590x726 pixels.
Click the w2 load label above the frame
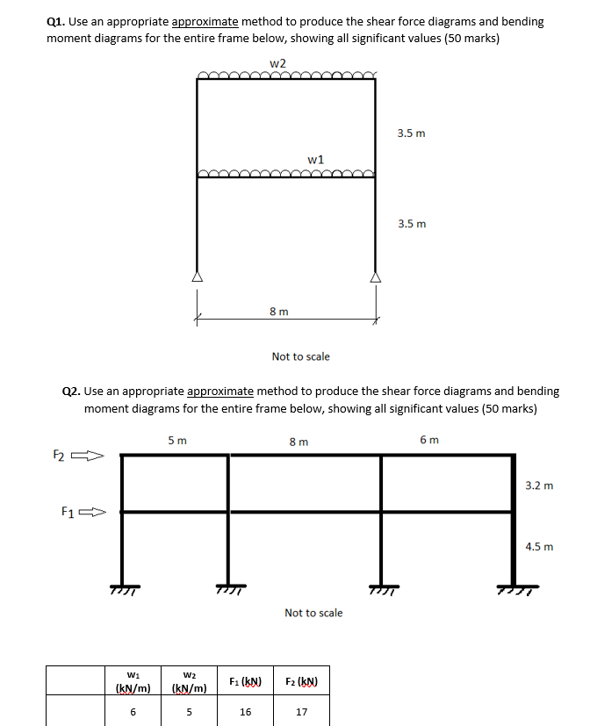point(277,63)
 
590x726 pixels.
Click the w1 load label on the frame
point(316,159)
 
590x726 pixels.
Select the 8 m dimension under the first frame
point(278,311)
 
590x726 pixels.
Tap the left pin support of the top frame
point(197,276)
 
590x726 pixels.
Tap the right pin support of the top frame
point(376,276)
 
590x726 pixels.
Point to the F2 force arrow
point(88,456)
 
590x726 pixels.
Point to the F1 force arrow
point(91,511)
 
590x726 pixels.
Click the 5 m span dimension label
point(176,441)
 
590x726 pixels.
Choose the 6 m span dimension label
point(429,440)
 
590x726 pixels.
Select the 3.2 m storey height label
point(539,485)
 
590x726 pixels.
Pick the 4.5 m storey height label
point(539,546)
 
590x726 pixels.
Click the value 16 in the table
point(245,712)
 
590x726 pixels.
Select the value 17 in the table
point(301,712)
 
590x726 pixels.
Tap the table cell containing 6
point(133,712)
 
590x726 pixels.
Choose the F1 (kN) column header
point(245,681)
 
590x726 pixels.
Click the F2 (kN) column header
point(301,681)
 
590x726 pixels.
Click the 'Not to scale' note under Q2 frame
point(313,613)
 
